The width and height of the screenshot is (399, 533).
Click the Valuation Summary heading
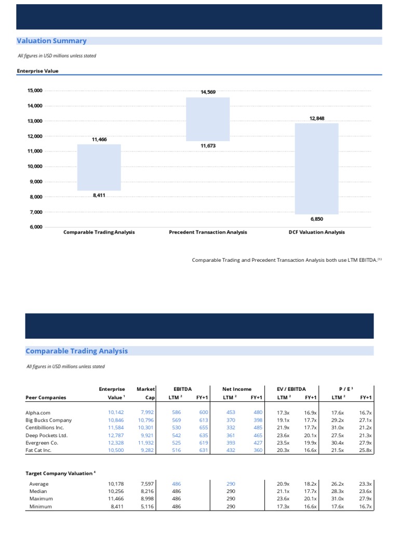(51, 41)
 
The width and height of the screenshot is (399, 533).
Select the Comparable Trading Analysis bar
(99, 168)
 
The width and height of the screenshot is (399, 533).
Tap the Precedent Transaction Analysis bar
(208, 119)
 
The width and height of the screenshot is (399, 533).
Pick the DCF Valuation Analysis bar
(316, 169)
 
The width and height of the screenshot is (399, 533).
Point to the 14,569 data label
(208, 92)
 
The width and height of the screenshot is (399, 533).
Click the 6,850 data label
(316, 219)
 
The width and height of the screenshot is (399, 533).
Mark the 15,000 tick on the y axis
(35, 91)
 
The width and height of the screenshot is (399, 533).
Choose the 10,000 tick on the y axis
(35, 167)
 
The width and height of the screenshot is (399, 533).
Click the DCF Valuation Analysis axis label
(316, 232)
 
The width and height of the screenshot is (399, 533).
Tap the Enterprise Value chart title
(37, 71)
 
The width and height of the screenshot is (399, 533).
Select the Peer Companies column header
(46, 397)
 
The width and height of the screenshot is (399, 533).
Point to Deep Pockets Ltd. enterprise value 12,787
(116, 435)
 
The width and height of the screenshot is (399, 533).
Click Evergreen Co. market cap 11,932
(145, 442)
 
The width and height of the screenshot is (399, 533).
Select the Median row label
(38, 491)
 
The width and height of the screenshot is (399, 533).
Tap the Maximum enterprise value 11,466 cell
(116, 498)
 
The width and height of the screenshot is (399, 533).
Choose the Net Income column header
(236, 389)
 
